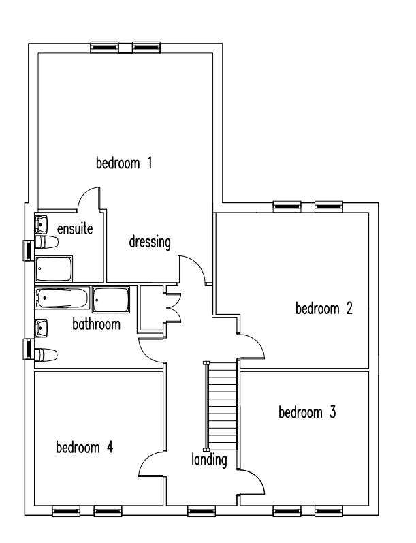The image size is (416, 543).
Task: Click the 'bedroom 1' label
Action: (124, 163)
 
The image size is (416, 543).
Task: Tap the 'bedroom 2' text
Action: (324, 308)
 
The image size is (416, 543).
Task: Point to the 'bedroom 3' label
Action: (307, 412)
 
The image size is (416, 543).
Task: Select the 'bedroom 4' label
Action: (84, 447)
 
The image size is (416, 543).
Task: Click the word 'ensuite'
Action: (75, 229)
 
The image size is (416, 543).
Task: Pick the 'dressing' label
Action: (150, 242)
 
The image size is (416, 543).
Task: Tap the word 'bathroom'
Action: (96, 324)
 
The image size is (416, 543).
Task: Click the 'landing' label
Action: (209, 460)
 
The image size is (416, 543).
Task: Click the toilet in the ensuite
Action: (46, 242)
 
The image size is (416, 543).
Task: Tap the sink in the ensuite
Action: (41, 224)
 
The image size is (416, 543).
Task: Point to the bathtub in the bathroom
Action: (62, 298)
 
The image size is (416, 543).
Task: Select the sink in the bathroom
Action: (41, 328)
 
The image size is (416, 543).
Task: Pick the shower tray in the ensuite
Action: (54, 268)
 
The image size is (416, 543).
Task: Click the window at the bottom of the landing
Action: (202, 511)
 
